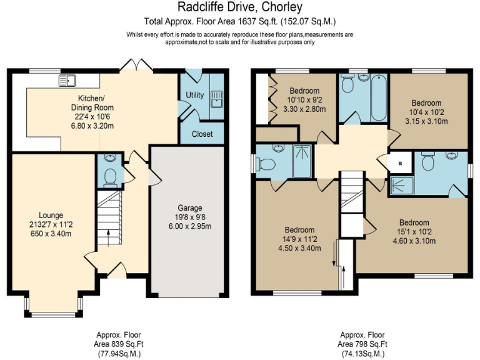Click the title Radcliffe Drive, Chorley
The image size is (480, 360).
tap(240, 7)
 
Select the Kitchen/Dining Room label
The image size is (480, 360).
tap(96, 103)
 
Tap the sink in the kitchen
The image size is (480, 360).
tap(67, 80)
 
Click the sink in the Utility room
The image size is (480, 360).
tap(217, 99)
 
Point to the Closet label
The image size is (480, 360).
tap(202, 134)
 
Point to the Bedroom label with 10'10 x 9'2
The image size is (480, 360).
tap(303, 91)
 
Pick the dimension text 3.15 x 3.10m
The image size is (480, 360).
tap(426, 121)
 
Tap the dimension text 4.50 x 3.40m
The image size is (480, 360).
tap(299, 247)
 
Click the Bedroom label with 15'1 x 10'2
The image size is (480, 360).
tap(414, 222)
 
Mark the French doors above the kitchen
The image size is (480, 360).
tap(134, 65)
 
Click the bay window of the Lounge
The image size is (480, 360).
tap(53, 311)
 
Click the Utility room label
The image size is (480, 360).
tap(195, 95)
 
